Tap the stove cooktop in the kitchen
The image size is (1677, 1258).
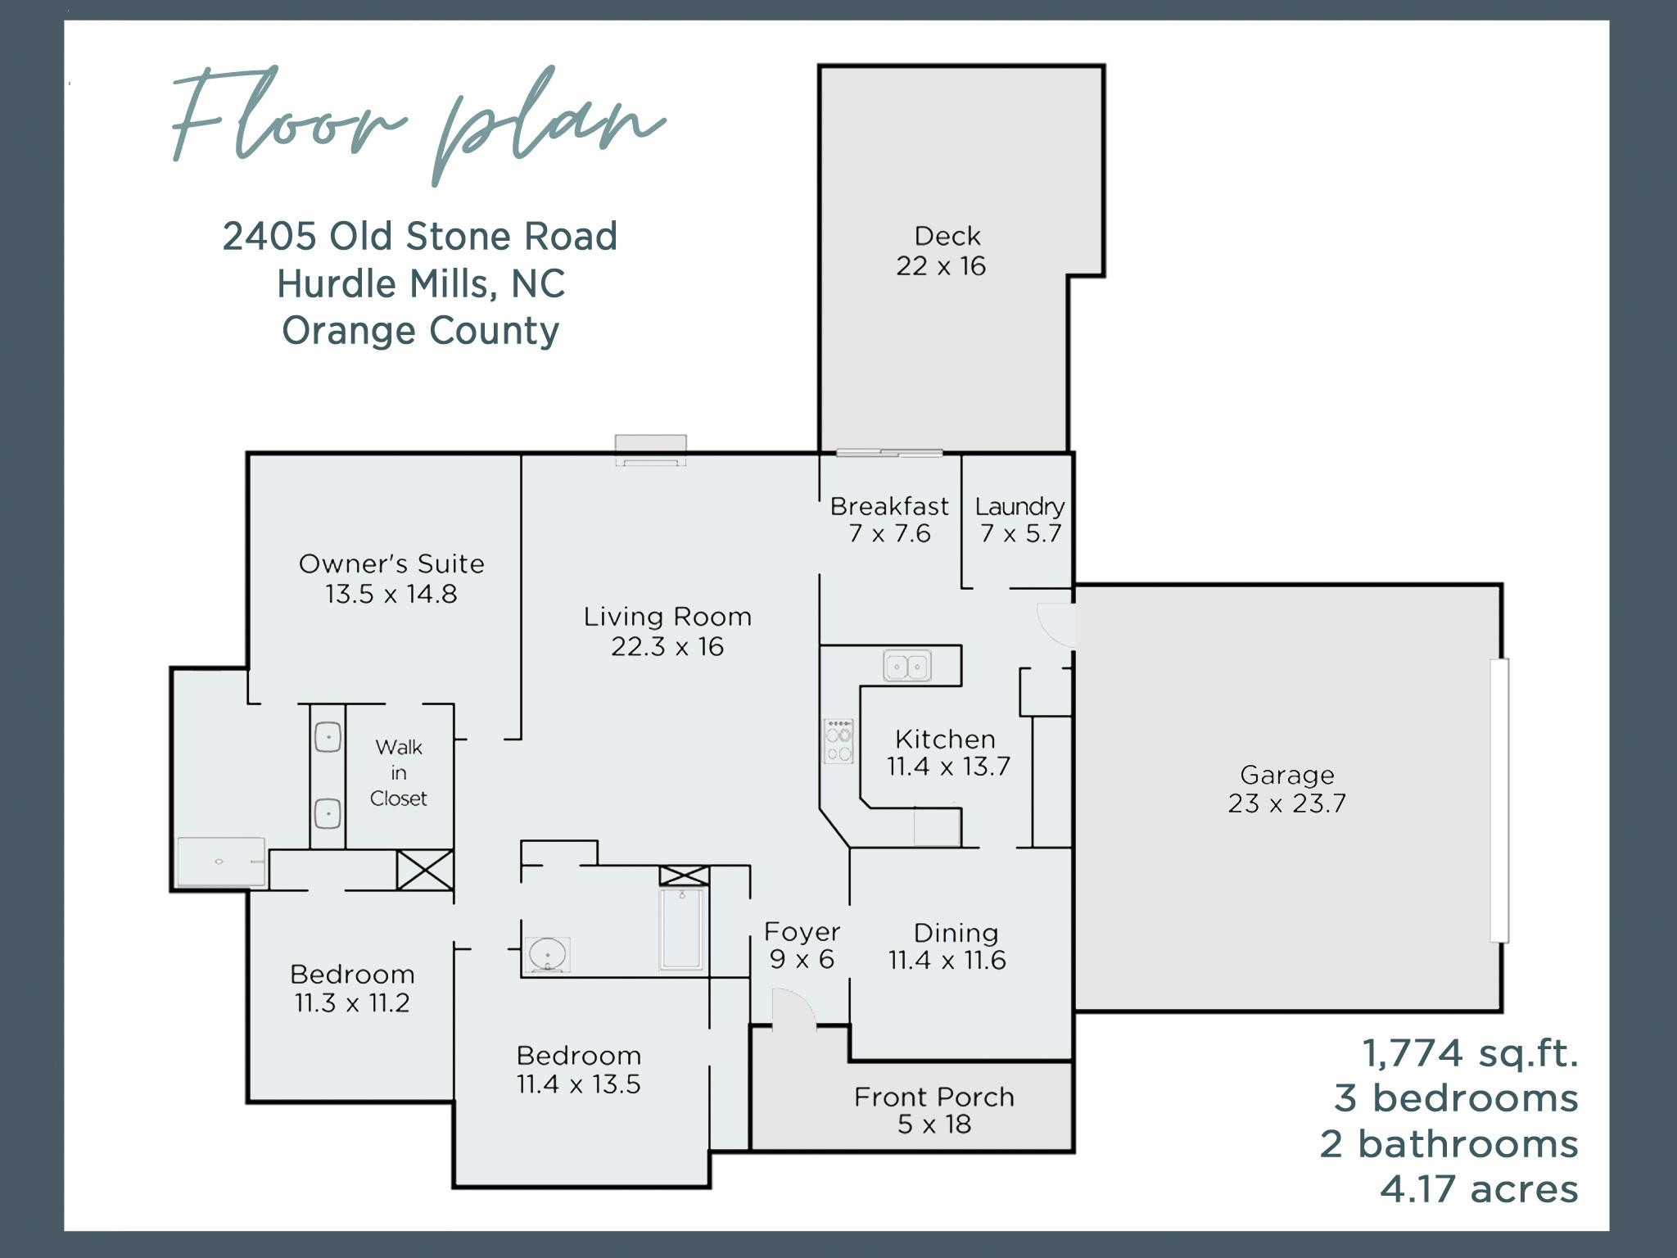(838, 741)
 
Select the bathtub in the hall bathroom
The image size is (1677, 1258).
(681, 929)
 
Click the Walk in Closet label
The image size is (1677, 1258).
(399, 772)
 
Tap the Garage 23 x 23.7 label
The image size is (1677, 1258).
(1286, 789)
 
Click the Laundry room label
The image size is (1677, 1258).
(1019, 519)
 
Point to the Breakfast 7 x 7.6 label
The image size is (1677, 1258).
(889, 519)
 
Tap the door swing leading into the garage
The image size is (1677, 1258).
(1056, 625)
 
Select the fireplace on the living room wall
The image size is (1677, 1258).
(651, 450)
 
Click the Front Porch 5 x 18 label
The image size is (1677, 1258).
(934, 1110)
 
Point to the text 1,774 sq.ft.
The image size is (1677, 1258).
(1470, 1053)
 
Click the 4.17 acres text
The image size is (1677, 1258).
(1478, 1189)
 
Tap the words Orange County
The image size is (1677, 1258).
(421, 331)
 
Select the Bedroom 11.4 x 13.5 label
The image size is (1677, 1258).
(578, 1069)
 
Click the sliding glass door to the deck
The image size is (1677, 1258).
(889, 453)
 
